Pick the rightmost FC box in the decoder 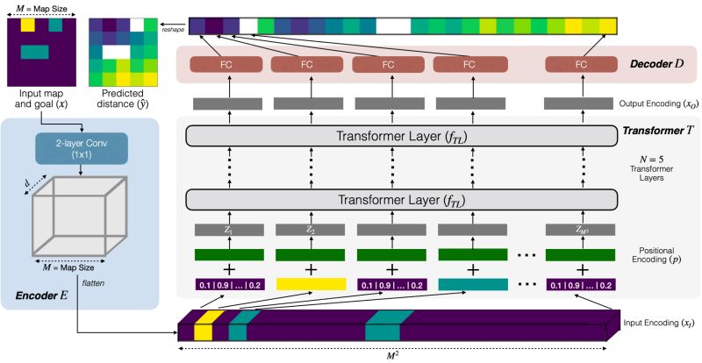[581, 64]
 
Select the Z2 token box [308, 231]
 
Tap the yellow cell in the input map [27, 25]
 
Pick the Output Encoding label [654, 103]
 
